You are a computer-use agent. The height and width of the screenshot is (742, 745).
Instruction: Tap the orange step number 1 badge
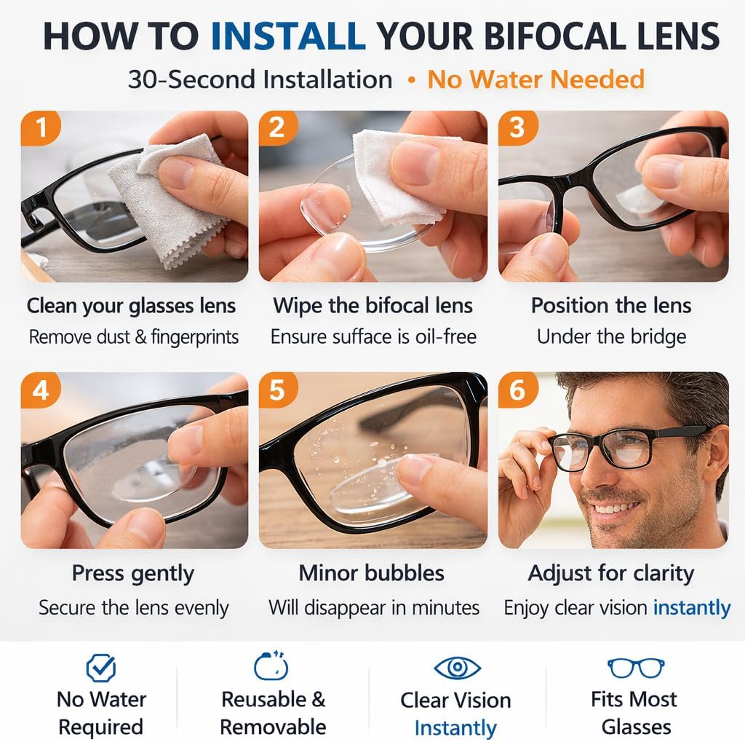41,127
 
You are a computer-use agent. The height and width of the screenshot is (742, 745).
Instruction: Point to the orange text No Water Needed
535,79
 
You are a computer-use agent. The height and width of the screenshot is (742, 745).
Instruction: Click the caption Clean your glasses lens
131,305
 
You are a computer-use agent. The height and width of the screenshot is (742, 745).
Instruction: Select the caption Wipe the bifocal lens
372,305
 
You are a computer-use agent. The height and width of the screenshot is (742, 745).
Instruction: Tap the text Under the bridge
611,337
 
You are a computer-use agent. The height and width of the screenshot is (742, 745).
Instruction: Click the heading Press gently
132,573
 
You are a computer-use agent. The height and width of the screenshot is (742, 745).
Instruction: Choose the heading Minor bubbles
371,573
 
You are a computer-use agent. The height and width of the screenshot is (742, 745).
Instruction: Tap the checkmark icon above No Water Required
100,667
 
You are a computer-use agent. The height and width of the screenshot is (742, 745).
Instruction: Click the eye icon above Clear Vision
457,667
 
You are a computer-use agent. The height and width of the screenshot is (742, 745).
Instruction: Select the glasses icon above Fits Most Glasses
636,667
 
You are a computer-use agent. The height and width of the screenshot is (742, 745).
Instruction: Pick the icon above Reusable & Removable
271,666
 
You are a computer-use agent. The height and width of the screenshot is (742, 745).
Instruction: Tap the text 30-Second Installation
260,79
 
